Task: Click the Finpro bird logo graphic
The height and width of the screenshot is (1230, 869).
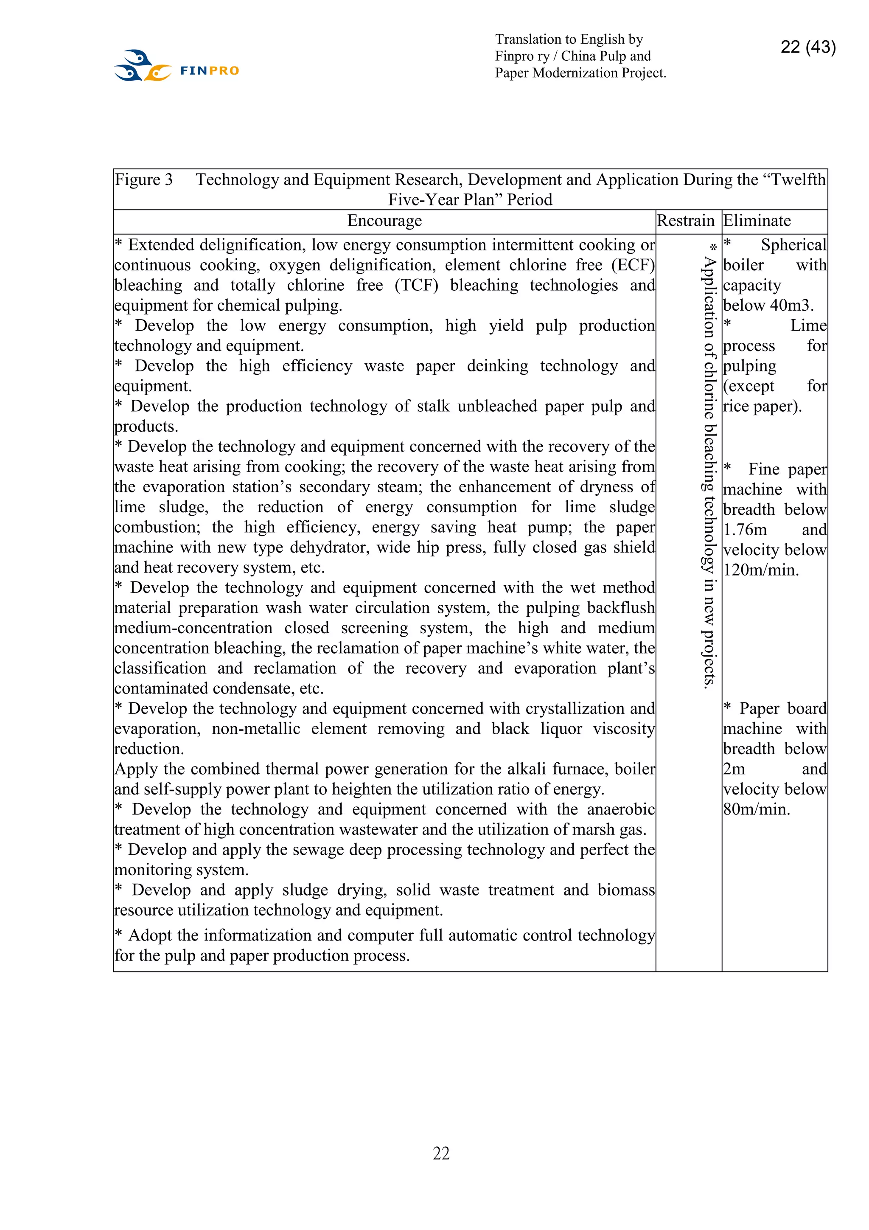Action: pyautogui.click(x=142, y=66)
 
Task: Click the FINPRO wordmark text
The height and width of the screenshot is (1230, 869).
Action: pyautogui.click(x=209, y=71)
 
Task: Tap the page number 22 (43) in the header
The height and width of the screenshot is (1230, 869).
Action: pyautogui.click(x=807, y=47)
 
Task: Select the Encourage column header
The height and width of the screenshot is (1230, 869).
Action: pyautogui.click(x=384, y=221)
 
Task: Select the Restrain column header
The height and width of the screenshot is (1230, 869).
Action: pyautogui.click(x=685, y=221)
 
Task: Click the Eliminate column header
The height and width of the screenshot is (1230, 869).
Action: pyautogui.click(x=757, y=221)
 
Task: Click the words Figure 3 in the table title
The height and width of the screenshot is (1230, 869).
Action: pyautogui.click(x=143, y=180)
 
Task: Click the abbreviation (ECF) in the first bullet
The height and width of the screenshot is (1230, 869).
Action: pyautogui.click(x=633, y=265)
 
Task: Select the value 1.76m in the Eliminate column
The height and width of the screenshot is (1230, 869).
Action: pyautogui.click(x=745, y=530)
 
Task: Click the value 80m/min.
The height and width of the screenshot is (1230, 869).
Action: pyautogui.click(x=756, y=809)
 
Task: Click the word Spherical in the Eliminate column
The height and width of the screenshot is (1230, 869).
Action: pyautogui.click(x=793, y=245)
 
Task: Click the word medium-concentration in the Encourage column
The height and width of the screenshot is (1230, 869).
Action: pyautogui.click(x=193, y=628)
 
